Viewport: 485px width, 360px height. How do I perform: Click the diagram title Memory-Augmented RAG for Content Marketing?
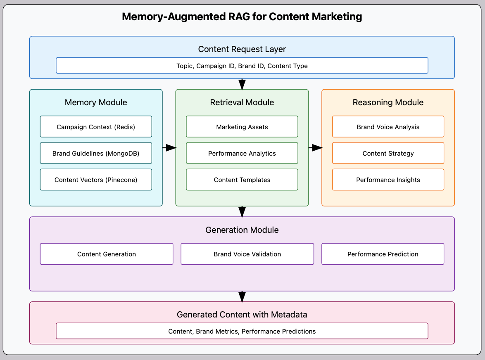click(242, 17)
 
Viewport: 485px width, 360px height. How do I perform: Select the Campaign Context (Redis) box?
click(96, 127)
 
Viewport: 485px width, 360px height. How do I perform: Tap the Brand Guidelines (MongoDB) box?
click(96, 153)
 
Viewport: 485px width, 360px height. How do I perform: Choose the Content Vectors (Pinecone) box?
click(96, 180)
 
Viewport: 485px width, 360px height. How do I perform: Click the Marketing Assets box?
click(242, 127)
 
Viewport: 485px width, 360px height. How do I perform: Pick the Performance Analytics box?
click(242, 153)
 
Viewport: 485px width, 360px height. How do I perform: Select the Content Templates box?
click(242, 180)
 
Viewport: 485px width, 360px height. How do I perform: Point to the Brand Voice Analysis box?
click(388, 127)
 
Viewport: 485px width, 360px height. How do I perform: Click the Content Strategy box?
click(388, 153)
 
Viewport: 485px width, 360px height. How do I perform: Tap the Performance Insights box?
click(388, 180)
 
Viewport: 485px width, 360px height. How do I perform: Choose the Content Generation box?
click(107, 254)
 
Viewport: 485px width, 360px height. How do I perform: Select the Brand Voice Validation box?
click(247, 254)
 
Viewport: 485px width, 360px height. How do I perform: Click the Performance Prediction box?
click(383, 254)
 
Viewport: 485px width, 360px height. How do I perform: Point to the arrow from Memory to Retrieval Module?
click(169, 148)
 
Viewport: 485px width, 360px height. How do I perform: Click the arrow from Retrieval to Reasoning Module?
click(315, 148)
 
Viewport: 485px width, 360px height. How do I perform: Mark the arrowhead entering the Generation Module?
click(242, 212)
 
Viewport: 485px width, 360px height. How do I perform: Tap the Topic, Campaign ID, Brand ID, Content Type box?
click(242, 66)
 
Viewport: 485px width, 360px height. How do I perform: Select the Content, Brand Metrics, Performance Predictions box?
click(242, 331)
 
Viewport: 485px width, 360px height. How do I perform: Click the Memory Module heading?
click(96, 102)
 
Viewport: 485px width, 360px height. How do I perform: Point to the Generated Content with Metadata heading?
click(242, 315)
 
